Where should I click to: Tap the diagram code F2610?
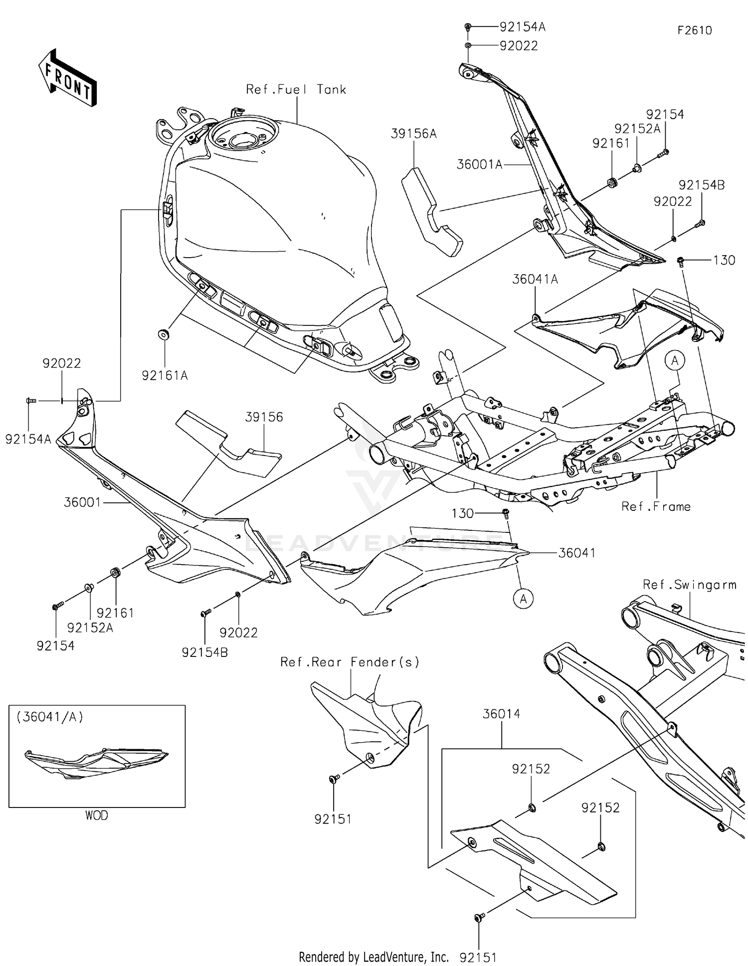coord(694,30)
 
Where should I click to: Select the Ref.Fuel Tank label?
coord(296,90)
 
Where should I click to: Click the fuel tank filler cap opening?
coord(237,135)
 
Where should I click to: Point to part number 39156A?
coord(413,134)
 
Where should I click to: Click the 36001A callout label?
coord(479,164)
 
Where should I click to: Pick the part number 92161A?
coord(165,376)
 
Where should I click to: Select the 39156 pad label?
coord(264,417)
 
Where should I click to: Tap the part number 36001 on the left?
coord(82,502)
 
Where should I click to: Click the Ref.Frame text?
coord(656,506)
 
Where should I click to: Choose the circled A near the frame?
coord(675,360)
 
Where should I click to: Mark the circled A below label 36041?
coord(523,599)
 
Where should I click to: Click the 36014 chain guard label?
coord(501,714)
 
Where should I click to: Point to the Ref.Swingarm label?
coord(689,585)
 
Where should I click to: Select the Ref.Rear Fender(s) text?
coord(350,662)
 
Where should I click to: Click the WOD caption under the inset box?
coord(96,815)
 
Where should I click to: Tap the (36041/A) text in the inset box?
coord(50,717)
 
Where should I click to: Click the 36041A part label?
coord(535,280)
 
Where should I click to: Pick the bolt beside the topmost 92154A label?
coord(468,26)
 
